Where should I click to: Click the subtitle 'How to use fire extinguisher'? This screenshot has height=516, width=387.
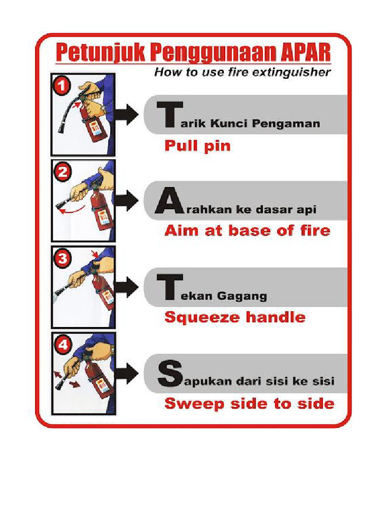point(242,73)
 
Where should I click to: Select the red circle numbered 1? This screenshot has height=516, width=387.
point(61,87)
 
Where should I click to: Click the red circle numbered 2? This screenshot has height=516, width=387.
point(62,173)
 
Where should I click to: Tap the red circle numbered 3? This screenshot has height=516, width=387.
point(62,259)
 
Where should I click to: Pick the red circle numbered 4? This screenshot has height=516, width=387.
point(62,346)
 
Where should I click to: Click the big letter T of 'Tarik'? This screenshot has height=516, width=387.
point(166,116)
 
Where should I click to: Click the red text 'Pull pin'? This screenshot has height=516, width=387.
point(198,146)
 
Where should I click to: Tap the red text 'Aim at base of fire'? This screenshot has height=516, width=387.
point(247,231)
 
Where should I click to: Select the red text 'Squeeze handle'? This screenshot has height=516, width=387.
point(235,317)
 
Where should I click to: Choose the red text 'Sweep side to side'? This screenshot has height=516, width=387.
point(249,404)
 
